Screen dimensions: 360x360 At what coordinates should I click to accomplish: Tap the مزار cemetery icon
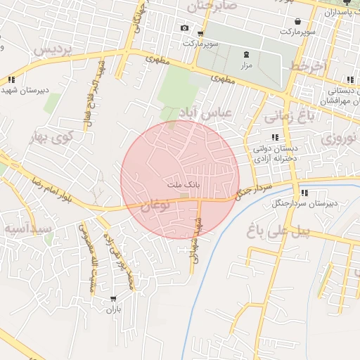246,55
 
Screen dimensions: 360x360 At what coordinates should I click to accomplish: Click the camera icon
184,28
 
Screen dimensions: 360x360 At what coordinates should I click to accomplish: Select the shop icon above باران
112,299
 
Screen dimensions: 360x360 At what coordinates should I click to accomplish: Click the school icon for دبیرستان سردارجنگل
304,193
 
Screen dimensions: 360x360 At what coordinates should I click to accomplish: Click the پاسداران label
340,13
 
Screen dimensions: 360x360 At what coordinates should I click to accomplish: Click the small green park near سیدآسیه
49,239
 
